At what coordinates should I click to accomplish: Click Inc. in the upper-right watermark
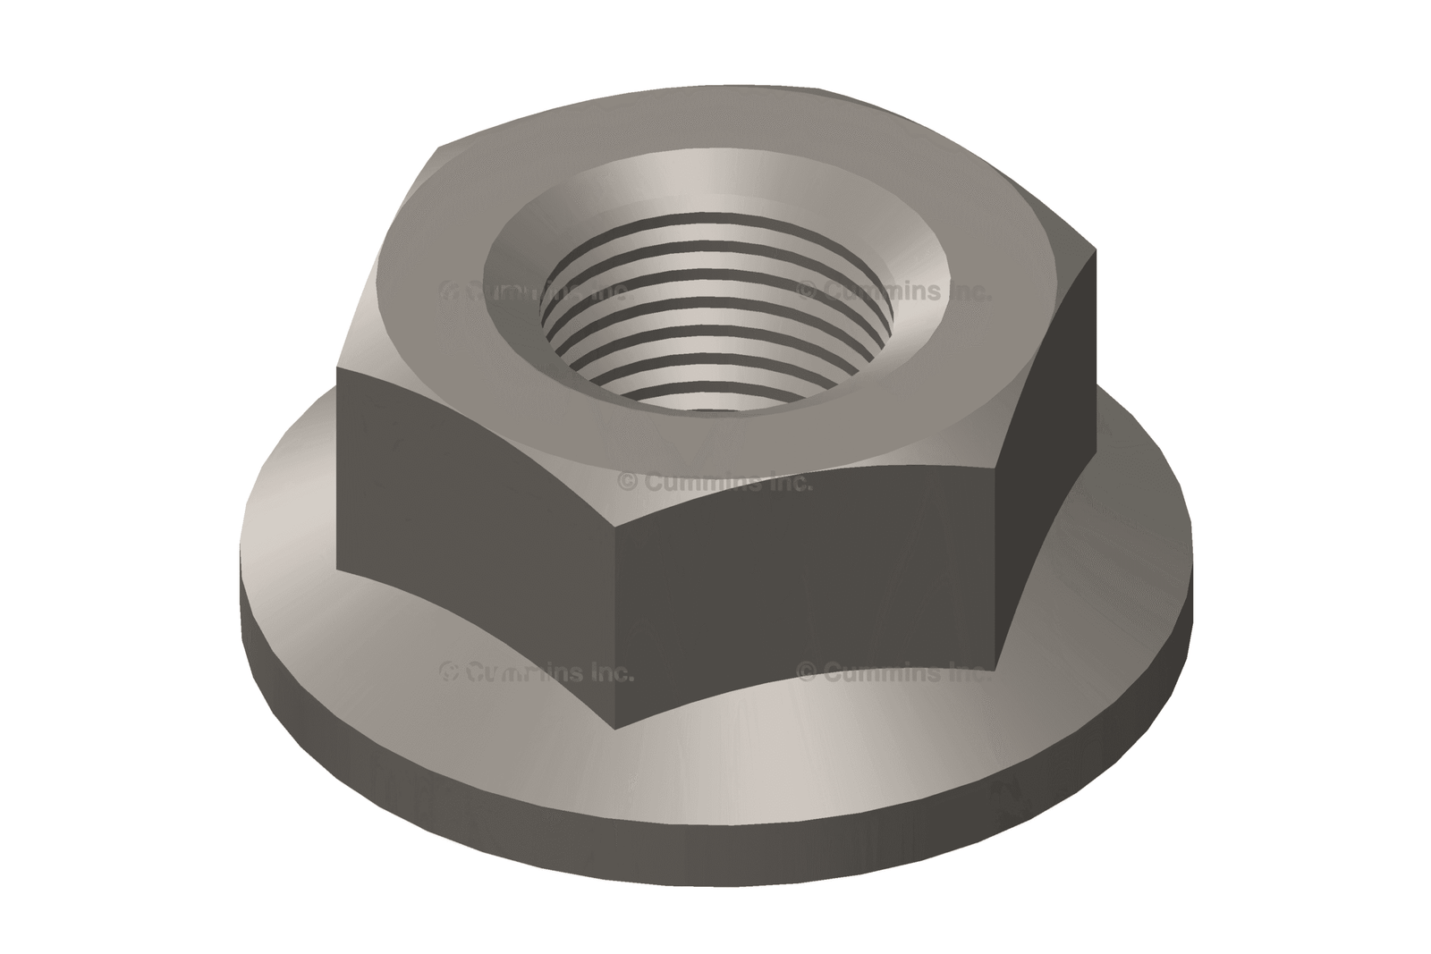point(966,291)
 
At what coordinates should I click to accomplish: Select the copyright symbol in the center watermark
point(628,483)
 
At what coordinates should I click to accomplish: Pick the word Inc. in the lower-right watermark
point(966,672)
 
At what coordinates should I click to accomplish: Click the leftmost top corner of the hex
point(338,367)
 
